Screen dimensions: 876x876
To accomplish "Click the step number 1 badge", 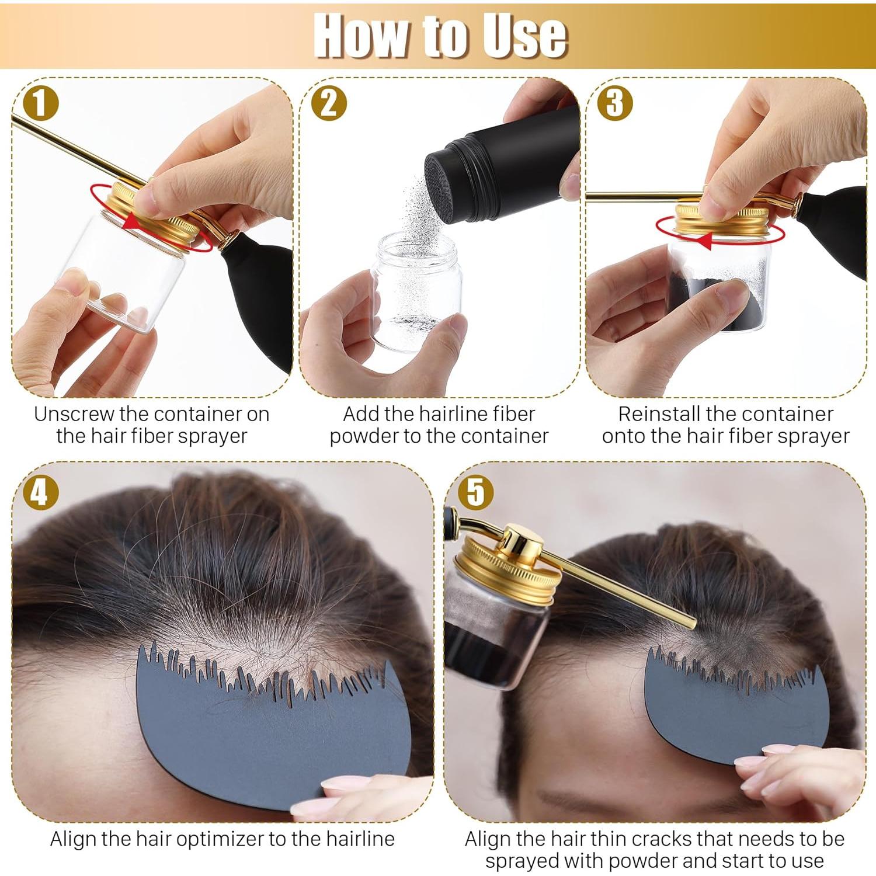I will point(40,103).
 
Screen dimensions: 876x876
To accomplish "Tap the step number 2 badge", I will point(329,103).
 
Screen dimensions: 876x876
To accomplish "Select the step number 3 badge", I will point(614,103).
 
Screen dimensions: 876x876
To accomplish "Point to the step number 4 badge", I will point(40,492).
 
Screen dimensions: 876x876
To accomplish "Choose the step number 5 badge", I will point(475,492).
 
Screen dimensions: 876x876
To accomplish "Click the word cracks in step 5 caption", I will point(662,839).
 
